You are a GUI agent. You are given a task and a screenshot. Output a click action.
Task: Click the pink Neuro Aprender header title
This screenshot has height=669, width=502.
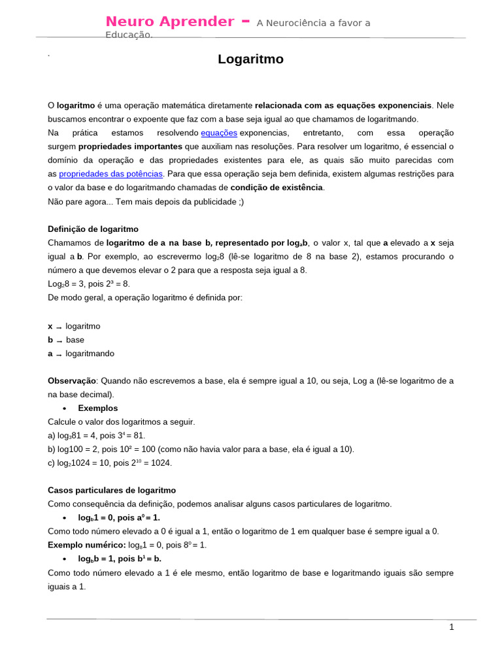coord(170,22)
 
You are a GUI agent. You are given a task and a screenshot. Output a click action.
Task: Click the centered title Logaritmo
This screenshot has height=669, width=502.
coord(251,59)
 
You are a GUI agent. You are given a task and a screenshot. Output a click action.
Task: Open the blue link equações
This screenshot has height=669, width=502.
coord(219,133)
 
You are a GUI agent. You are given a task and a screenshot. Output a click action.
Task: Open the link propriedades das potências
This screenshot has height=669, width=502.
coord(110,174)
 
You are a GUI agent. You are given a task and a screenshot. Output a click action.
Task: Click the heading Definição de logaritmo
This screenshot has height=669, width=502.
coord(93,229)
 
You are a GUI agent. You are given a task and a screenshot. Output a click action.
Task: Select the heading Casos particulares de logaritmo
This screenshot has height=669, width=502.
coord(112,490)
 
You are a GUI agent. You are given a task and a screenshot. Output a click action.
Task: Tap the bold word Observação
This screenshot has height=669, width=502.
coord(72,381)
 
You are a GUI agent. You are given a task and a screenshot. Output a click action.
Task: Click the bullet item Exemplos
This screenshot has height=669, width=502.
coord(98,408)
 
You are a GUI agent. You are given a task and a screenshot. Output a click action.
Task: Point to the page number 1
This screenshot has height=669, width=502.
coord(451,627)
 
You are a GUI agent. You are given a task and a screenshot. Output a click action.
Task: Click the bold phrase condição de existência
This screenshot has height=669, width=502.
coord(276,188)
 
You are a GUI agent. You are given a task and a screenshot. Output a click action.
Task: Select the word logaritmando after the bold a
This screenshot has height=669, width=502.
coord(90,353)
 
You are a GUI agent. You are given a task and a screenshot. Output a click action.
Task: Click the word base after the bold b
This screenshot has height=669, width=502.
coord(75,340)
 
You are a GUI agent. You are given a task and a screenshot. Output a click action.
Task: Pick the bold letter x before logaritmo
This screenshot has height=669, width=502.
coord(50,326)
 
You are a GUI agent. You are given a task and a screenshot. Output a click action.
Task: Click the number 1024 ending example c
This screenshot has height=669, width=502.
coord(161,463)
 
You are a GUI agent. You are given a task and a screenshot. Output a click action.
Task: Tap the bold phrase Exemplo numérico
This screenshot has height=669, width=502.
coord(86,545)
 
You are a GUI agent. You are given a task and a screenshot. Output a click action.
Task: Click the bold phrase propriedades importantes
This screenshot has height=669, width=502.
coord(130,146)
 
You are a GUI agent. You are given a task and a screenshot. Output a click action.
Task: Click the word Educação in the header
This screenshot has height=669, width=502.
coord(129,35)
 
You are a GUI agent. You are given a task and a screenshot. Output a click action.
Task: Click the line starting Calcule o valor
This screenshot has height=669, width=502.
coord(122,422)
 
